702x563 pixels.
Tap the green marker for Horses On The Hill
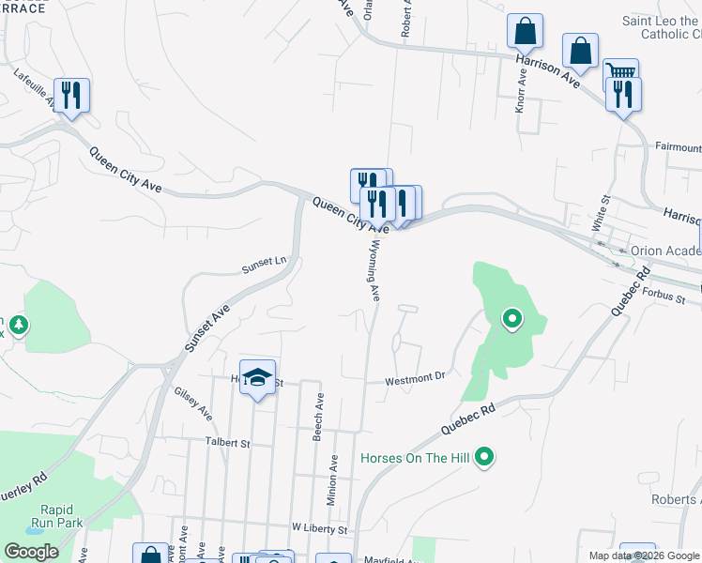(484, 458)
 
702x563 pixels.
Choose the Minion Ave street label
(332, 480)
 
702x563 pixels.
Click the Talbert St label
(229, 442)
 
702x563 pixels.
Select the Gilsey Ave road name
(193, 403)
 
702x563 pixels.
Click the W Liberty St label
(320, 529)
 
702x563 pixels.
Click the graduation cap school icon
(257, 377)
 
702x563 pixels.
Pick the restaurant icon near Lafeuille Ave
(71, 95)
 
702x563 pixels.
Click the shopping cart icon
(620, 72)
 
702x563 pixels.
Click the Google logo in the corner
(31, 552)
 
